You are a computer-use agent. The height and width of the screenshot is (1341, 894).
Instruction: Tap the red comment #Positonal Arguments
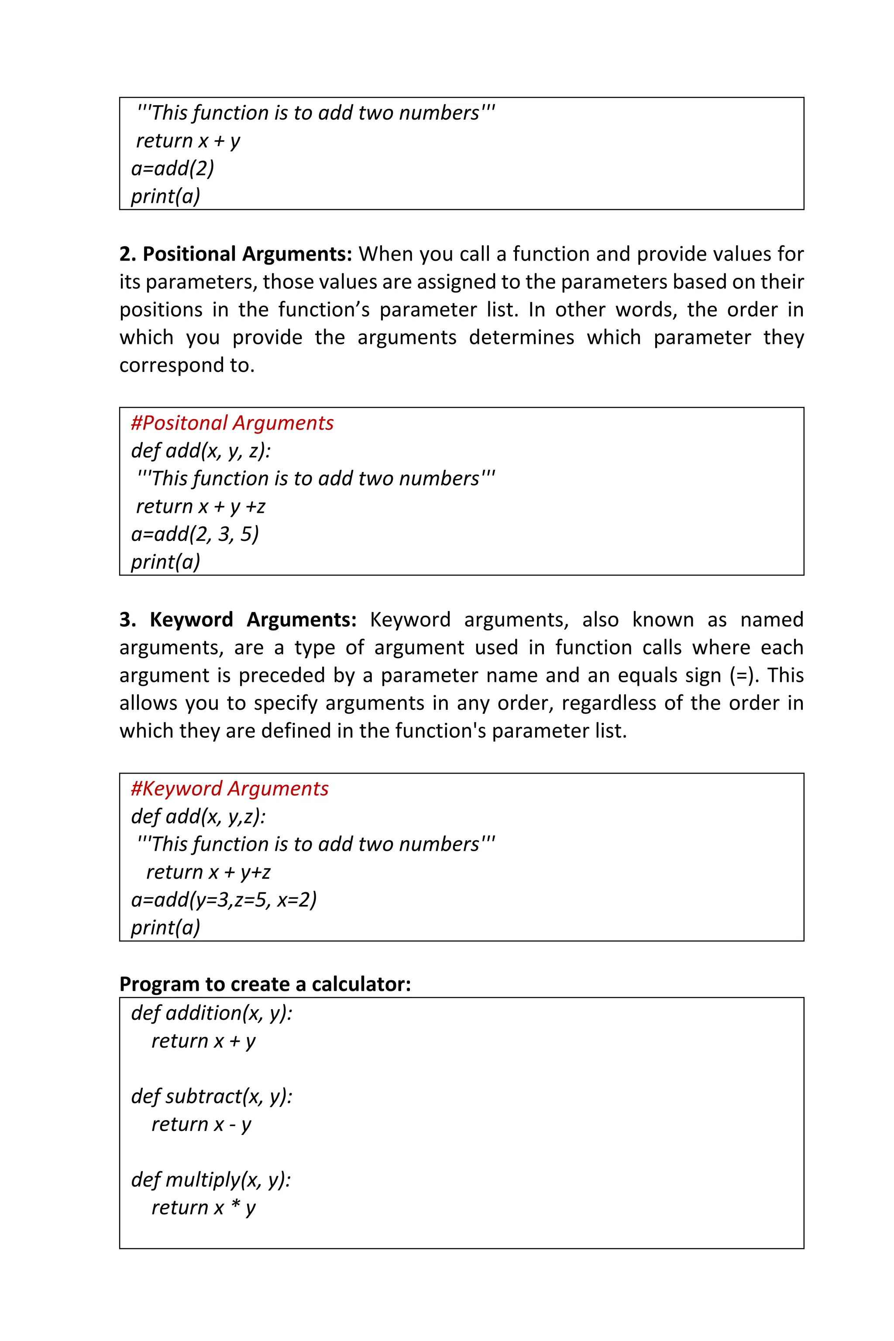232,423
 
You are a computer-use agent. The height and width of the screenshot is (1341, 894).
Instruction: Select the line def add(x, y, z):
201,450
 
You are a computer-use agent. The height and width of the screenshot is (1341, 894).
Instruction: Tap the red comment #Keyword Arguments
229,788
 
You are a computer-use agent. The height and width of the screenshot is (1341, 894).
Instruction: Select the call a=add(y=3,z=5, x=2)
223,899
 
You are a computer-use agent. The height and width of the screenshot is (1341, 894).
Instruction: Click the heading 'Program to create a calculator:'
265,984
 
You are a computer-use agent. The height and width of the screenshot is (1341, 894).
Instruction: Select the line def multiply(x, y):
211,1179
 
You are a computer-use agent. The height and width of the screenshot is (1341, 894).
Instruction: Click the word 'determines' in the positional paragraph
521,337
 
